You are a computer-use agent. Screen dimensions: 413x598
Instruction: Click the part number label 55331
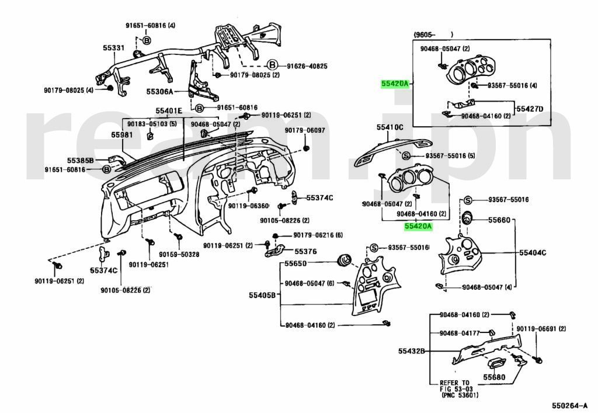[113, 48]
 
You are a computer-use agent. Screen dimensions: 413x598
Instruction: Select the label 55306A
[160, 92]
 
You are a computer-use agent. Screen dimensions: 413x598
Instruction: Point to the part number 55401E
[168, 110]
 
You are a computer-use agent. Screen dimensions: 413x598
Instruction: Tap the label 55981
[122, 135]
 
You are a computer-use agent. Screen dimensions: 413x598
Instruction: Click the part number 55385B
[79, 159]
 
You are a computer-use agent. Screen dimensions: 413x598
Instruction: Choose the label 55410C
[390, 127]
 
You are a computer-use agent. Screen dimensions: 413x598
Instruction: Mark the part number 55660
[499, 220]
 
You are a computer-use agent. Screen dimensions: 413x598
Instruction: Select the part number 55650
[295, 264]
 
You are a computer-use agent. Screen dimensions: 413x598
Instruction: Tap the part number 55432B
[411, 352]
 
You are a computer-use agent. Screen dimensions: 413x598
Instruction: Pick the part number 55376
[305, 251]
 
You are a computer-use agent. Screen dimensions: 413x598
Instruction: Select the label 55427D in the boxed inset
[529, 109]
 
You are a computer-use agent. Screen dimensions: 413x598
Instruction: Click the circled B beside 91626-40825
[272, 65]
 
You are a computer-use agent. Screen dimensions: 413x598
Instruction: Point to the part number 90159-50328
[176, 255]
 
